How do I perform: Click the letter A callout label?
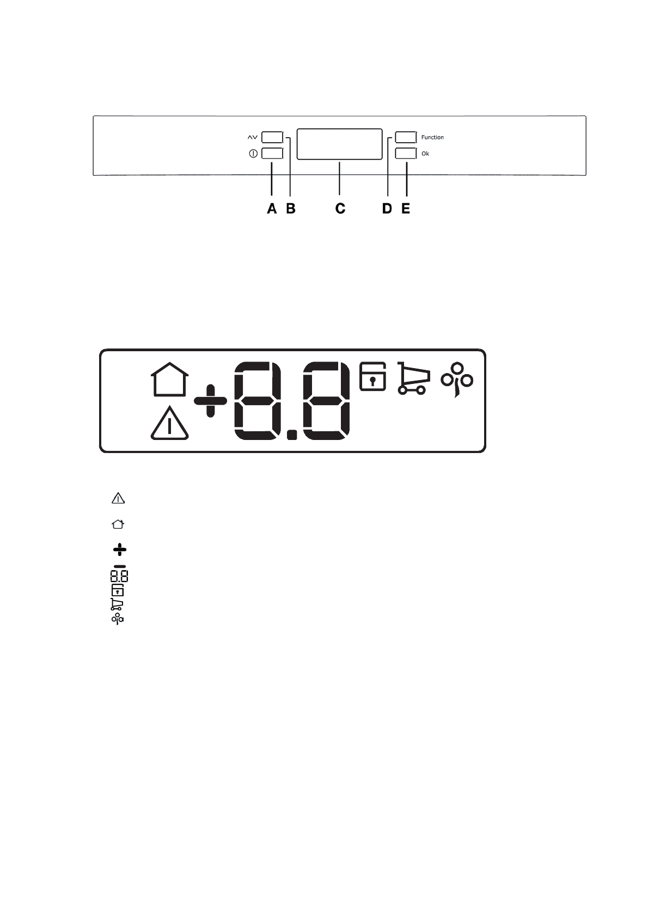click(x=272, y=209)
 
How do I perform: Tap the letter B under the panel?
click(x=291, y=209)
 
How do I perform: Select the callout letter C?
click(x=340, y=209)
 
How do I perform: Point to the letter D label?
click(x=387, y=209)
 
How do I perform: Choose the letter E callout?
click(x=406, y=209)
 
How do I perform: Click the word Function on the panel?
click(x=432, y=137)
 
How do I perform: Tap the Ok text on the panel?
click(x=425, y=154)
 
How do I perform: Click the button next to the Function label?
click(x=406, y=137)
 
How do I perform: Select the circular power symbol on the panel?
click(x=253, y=154)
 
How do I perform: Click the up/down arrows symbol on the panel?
click(x=253, y=137)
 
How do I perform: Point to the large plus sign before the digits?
click(x=210, y=401)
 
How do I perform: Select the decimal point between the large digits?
click(x=292, y=434)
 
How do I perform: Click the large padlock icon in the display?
click(x=373, y=376)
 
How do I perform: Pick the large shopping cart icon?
click(x=414, y=378)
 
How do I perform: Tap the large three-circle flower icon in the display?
click(x=457, y=379)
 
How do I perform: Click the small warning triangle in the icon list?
click(x=118, y=498)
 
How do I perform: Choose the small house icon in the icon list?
click(x=118, y=524)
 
